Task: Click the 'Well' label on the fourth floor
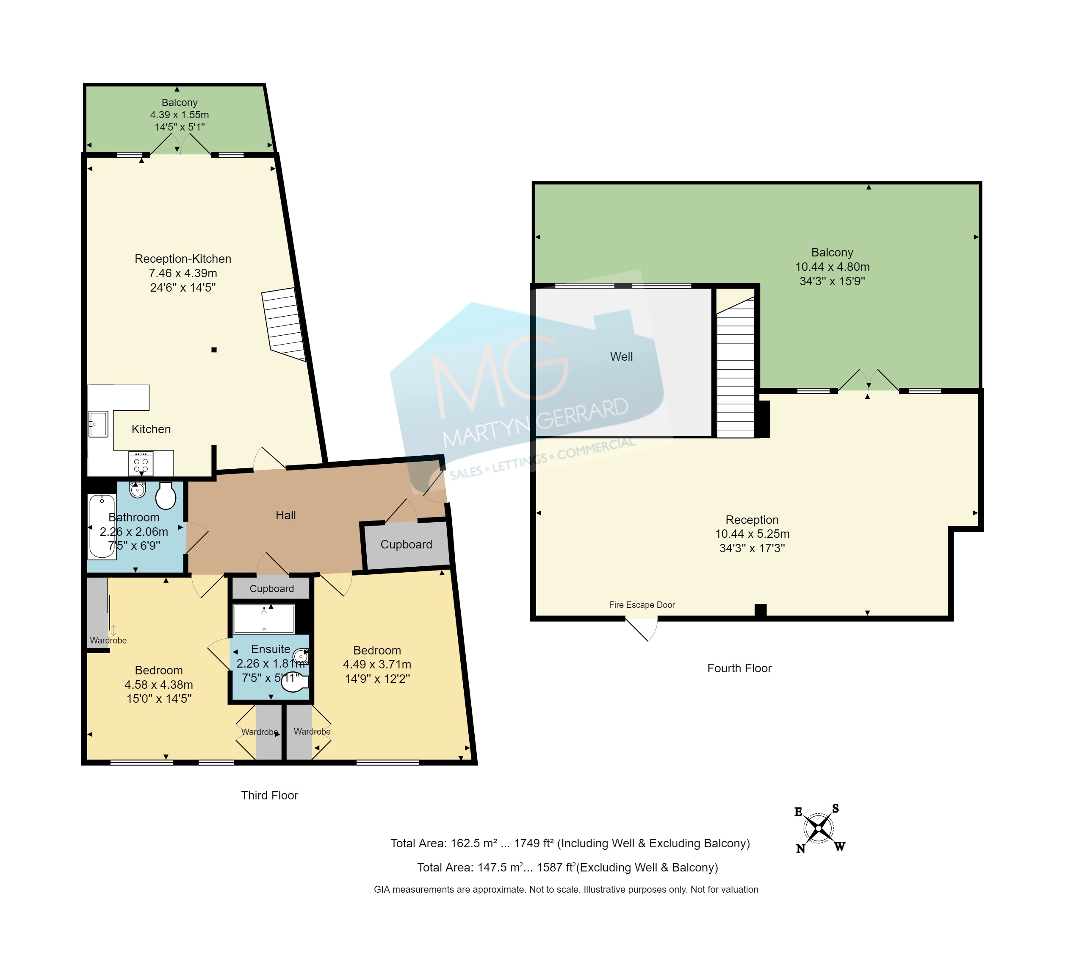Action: (x=621, y=357)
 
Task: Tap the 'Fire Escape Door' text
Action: (x=642, y=605)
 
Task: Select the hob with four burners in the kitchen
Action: (x=141, y=464)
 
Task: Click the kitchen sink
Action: (x=98, y=424)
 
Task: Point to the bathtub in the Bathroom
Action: (x=102, y=526)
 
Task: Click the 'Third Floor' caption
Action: (x=269, y=796)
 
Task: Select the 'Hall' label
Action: (x=286, y=515)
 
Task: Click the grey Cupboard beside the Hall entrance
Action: (x=406, y=545)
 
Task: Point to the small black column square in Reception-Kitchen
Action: (x=214, y=349)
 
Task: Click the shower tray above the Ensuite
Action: (x=264, y=619)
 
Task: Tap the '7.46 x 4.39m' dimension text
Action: (x=183, y=273)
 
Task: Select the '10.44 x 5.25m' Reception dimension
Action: (x=752, y=534)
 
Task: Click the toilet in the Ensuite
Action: (x=294, y=682)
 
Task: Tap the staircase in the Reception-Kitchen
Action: (x=284, y=325)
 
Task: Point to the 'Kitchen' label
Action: (x=151, y=429)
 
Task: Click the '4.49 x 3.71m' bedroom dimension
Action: (x=377, y=665)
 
